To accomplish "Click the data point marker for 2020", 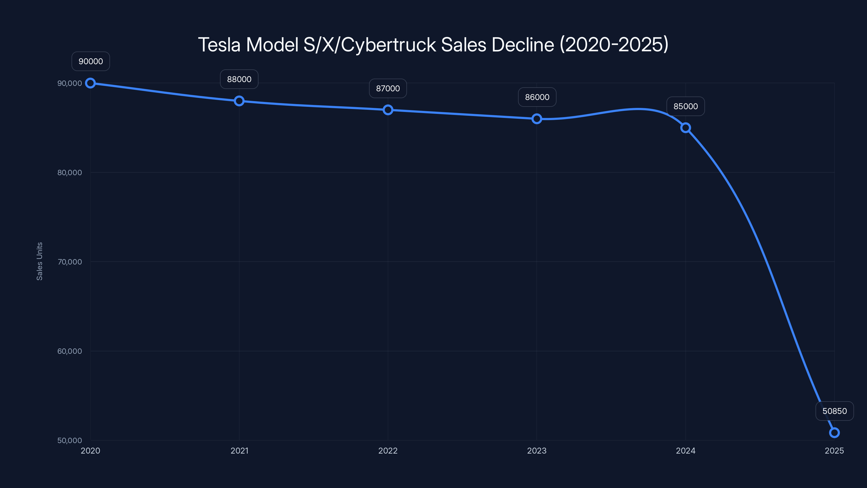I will [90, 83].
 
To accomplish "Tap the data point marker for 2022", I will [388, 110].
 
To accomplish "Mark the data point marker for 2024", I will [685, 128].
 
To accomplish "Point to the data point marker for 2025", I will [834, 432].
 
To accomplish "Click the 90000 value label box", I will [90, 61].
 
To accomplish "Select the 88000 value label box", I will [239, 79].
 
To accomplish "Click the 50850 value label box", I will [834, 411].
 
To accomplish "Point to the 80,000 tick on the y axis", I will [69, 172].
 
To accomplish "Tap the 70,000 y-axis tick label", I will [69, 262].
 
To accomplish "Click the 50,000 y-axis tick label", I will [69, 440].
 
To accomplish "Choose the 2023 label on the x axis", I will [537, 451].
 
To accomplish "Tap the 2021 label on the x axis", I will [239, 451].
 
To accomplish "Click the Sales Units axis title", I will [39, 261].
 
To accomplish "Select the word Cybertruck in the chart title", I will [389, 45].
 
